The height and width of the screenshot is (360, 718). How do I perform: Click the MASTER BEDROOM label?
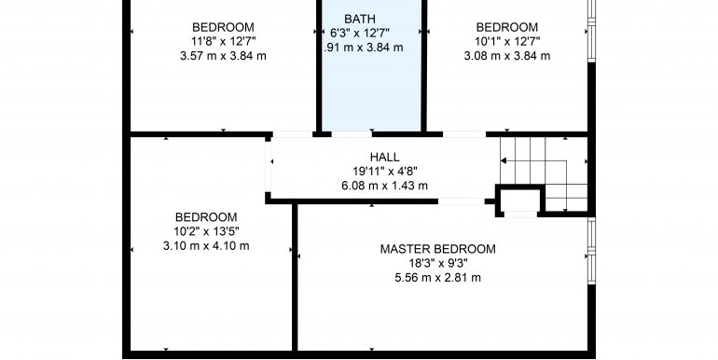point(437,249)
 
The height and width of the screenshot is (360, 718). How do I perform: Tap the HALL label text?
point(384,157)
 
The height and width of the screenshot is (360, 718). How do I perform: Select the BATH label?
point(360,20)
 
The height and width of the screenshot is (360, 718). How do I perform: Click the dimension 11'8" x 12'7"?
point(223,42)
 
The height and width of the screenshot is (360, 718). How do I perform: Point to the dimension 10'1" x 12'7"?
point(507,42)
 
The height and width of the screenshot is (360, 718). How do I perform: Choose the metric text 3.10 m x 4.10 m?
point(206,246)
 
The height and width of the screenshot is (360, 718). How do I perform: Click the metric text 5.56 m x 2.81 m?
point(437,278)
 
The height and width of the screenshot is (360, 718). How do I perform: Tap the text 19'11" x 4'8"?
point(384,172)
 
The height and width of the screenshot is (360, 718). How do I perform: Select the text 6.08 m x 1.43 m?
point(384,186)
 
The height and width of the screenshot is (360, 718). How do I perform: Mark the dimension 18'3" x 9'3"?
point(437,263)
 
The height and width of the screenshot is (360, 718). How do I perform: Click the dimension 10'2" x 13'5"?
point(206,231)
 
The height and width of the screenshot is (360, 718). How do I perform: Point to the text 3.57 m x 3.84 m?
point(223,56)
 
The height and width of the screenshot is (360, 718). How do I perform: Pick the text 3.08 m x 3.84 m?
point(507,56)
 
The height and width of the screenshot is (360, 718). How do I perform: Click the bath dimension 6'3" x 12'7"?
point(360,33)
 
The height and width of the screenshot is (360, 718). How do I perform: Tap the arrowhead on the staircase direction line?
point(504,160)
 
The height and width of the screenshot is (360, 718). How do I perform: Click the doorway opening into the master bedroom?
point(461,201)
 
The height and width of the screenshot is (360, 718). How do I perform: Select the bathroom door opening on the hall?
point(352,134)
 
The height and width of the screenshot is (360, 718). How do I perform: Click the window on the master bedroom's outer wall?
point(591,251)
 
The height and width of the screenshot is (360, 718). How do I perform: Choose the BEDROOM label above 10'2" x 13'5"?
point(206,217)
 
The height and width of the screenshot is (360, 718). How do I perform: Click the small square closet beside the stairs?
point(520,201)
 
